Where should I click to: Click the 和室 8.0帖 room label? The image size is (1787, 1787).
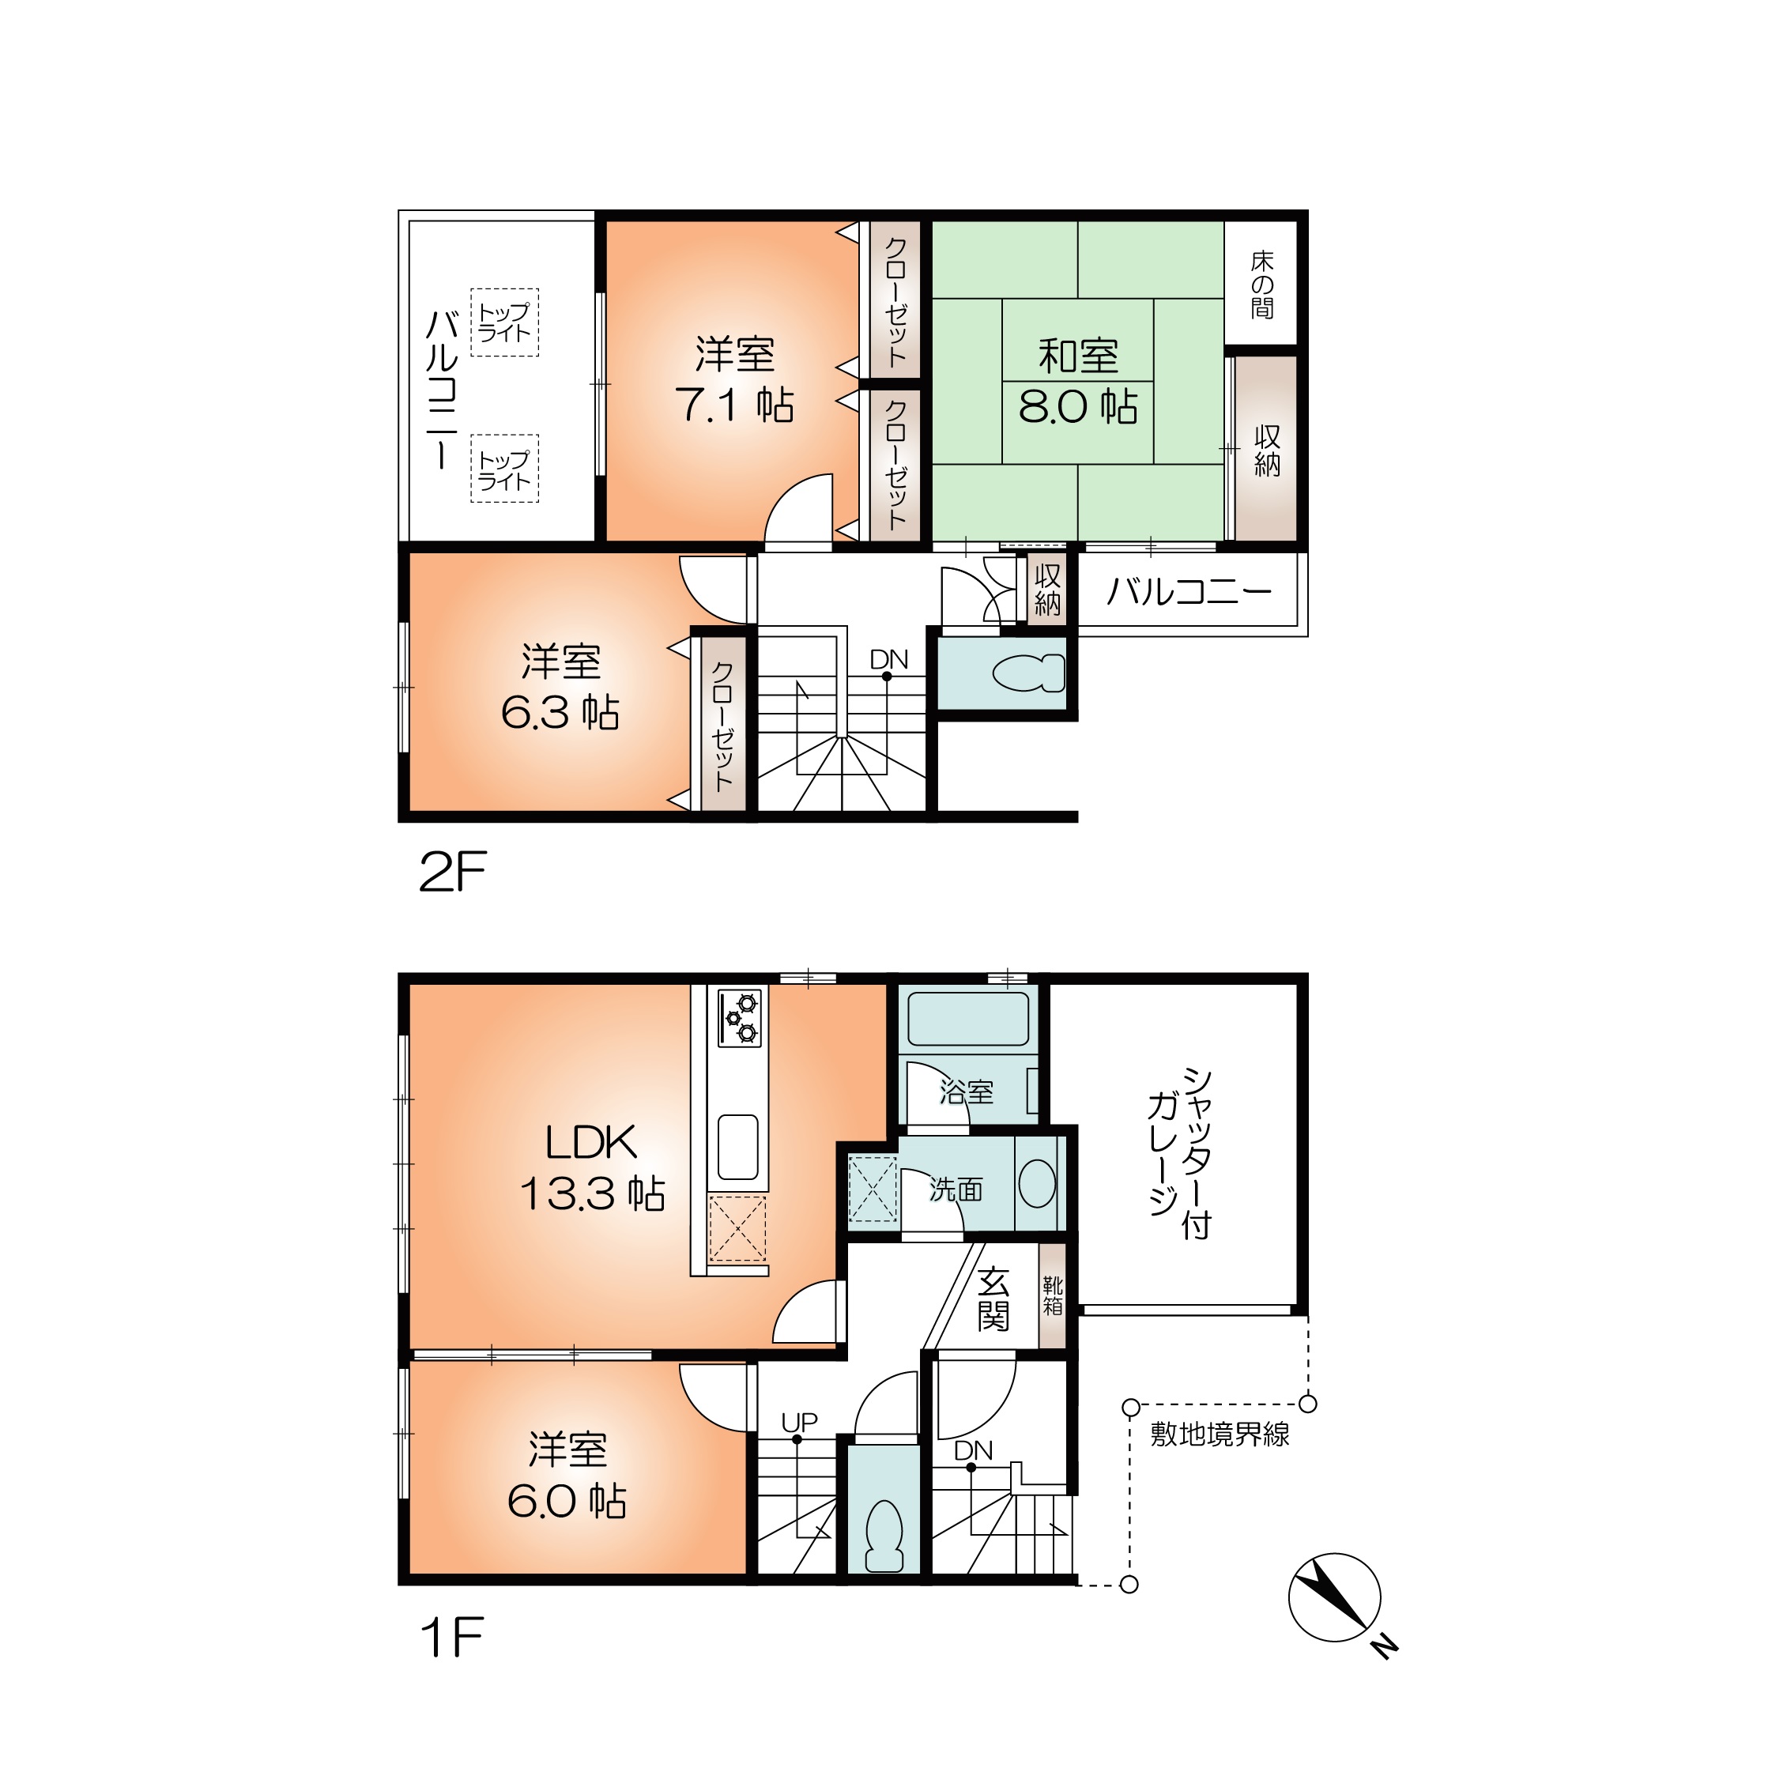1079,380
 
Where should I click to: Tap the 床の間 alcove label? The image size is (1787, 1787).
1261,285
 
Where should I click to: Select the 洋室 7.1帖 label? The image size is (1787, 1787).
734,380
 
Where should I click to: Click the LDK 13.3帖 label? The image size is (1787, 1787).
592,1167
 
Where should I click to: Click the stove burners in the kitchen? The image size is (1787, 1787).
740,1018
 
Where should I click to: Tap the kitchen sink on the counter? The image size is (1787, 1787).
738,1146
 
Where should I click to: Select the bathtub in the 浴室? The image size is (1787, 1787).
967,1018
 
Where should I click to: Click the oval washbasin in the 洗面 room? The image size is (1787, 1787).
1037,1183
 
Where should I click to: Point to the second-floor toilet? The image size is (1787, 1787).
1028,673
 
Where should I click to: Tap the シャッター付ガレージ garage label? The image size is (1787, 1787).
1180,1153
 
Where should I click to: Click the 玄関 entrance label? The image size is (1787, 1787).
993,1299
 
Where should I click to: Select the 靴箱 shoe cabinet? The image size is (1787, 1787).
1053,1295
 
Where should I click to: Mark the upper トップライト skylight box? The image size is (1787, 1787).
504,322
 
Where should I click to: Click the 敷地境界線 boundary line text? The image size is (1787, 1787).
1220,1435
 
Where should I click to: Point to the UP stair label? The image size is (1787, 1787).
799,1423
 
